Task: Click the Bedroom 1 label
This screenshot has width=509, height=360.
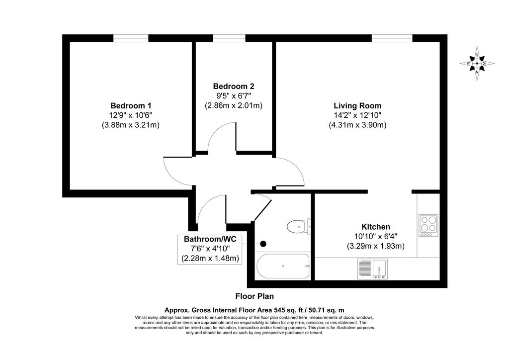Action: click(131, 105)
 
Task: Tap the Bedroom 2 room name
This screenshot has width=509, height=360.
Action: click(234, 86)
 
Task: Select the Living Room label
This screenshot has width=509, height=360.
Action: click(357, 105)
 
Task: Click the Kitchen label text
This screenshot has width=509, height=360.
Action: click(376, 227)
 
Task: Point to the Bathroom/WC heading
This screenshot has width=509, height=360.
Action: click(210, 239)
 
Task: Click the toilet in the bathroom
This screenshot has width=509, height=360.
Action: click(299, 226)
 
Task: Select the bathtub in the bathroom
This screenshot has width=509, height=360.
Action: click(283, 266)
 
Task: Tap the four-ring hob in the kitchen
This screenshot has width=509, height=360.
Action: click(428, 225)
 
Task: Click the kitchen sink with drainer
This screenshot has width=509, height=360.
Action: click(373, 269)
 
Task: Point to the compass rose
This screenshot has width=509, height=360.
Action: click(477, 63)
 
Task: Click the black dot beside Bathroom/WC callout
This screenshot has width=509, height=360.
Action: click(263, 244)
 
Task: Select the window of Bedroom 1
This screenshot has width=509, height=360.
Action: click(131, 38)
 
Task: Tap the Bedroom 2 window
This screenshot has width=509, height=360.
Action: click(229, 38)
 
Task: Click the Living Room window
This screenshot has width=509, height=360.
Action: click(392, 38)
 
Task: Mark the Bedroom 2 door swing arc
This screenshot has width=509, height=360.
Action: click(217, 129)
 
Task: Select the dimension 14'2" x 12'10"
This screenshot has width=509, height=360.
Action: click(357, 115)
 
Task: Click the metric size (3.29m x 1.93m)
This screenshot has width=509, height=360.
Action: click(376, 246)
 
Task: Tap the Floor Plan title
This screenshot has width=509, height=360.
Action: click(254, 296)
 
